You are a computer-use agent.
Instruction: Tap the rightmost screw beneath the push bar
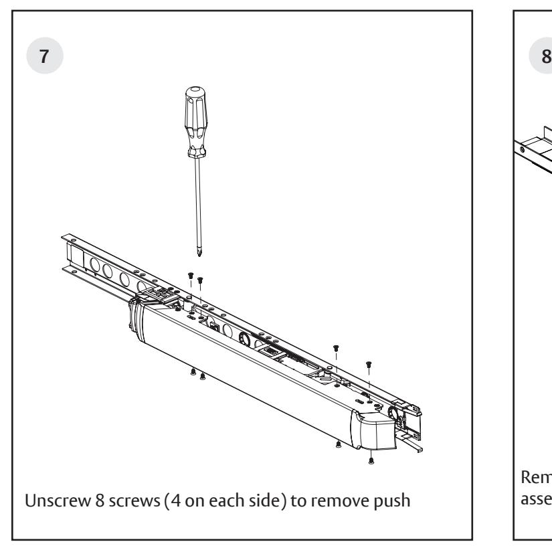point(371,460)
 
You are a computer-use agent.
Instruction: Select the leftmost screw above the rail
point(190,275)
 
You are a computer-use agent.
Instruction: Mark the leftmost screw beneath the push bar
point(193,372)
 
